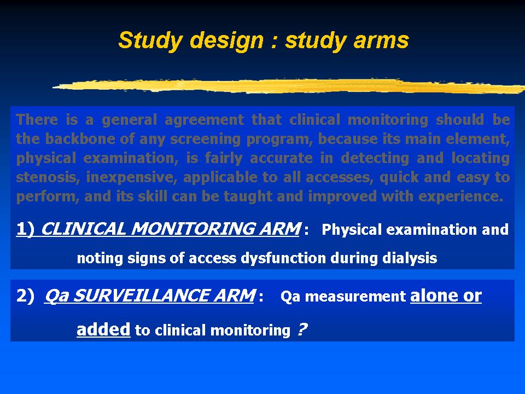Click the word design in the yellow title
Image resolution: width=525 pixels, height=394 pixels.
226,41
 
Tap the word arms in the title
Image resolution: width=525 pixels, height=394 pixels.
381,41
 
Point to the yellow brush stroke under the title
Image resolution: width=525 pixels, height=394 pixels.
289,86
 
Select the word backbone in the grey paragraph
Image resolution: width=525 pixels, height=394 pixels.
80,138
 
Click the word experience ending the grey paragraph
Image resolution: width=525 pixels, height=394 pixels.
460,197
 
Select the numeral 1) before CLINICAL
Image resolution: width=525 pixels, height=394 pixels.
26,229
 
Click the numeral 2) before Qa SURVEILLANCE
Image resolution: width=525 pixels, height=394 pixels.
26,296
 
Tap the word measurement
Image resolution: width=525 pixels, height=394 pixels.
355,297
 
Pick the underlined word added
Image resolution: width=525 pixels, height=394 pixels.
103,329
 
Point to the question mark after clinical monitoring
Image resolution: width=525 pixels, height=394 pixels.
302,329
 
